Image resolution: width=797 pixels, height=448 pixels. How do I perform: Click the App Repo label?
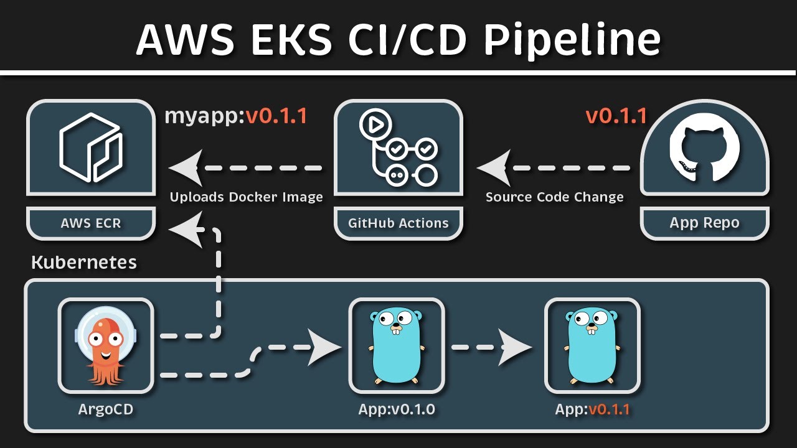[x=704, y=223]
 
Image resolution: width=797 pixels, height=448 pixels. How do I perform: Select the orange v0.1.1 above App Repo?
[x=616, y=116]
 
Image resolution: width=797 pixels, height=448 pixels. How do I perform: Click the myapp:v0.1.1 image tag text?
[x=236, y=116]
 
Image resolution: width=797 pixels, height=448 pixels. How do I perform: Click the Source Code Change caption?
[x=554, y=197]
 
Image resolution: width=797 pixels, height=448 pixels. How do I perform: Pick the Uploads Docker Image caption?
[x=247, y=197]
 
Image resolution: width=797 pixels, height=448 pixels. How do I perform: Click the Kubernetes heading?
[x=84, y=262]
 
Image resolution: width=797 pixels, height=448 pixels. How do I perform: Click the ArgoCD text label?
[x=105, y=409]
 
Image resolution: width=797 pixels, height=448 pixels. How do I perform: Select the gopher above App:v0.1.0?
[x=397, y=345]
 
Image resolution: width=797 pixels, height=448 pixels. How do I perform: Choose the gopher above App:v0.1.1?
[x=592, y=345]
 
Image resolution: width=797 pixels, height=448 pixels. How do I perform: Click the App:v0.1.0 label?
[x=397, y=409]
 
